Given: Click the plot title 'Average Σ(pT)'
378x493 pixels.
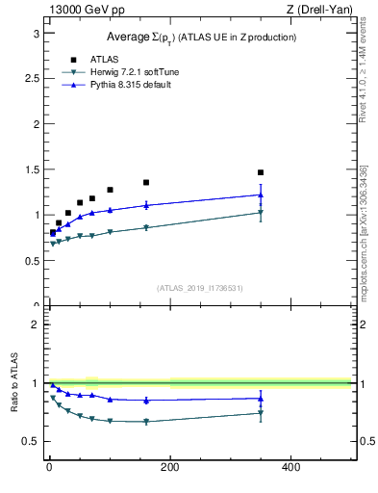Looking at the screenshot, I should (x=200, y=37).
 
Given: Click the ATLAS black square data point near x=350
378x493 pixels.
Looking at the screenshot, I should (x=261, y=172).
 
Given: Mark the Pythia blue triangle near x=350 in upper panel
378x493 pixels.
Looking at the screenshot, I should (x=261, y=195).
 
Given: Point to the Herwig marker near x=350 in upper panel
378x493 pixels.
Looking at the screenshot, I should (x=261, y=213).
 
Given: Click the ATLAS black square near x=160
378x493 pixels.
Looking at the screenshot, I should (x=146, y=182).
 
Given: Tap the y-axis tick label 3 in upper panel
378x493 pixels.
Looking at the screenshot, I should (x=35, y=33).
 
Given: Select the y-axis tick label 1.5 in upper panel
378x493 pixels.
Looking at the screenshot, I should (x=31, y=169).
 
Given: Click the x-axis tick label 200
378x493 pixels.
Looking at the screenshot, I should (x=169, y=467).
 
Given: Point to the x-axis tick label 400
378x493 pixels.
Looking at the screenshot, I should (x=290, y=467).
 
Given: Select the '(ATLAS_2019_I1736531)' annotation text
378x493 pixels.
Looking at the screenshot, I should (x=200, y=288).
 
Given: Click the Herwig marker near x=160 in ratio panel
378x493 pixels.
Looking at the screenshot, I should (x=146, y=422).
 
